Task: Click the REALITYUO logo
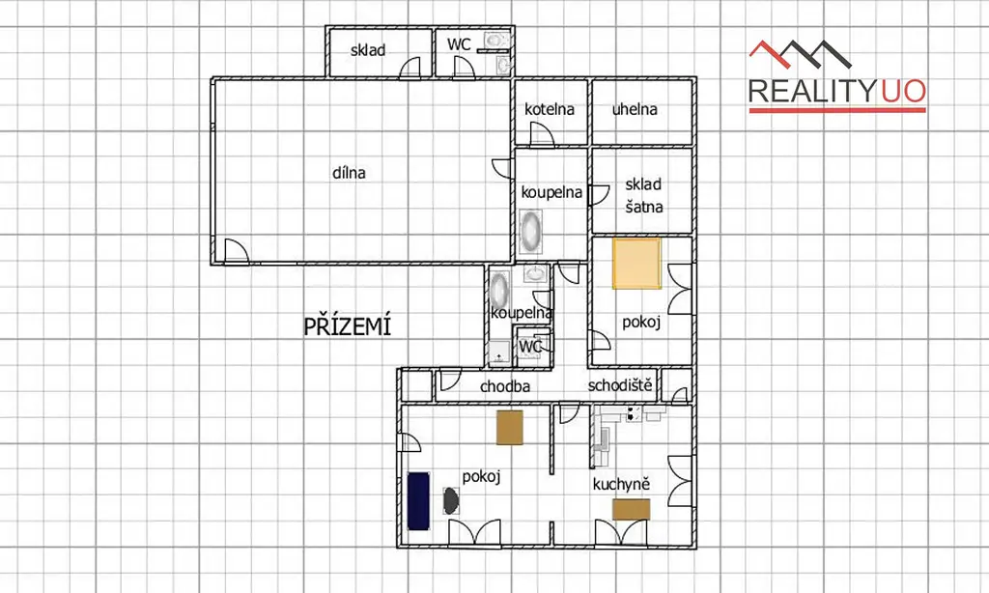pyautogui.click(x=837, y=76)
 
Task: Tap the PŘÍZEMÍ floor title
pyautogui.click(x=348, y=326)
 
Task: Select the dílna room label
pyautogui.click(x=349, y=173)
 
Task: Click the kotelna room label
pyautogui.click(x=550, y=109)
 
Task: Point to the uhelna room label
pyautogui.click(x=635, y=109)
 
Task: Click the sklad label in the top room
pyautogui.click(x=368, y=50)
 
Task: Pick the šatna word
pyautogui.click(x=644, y=207)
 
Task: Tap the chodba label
pyautogui.click(x=504, y=386)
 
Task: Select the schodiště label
pyautogui.click(x=620, y=384)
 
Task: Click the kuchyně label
pyautogui.click(x=621, y=484)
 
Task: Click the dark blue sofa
pyautogui.click(x=418, y=501)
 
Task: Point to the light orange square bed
pyautogui.click(x=637, y=263)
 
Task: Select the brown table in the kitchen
pyautogui.click(x=632, y=510)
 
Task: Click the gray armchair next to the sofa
pyautogui.click(x=450, y=501)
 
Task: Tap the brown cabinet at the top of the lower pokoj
pyautogui.click(x=510, y=428)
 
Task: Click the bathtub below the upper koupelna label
pyautogui.click(x=531, y=232)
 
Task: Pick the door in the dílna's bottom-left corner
pyautogui.click(x=236, y=250)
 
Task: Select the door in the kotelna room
pyautogui.click(x=541, y=133)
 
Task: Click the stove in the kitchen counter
pyautogui.click(x=634, y=413)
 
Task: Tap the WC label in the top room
pyautogui.click(x=459, y=44)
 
